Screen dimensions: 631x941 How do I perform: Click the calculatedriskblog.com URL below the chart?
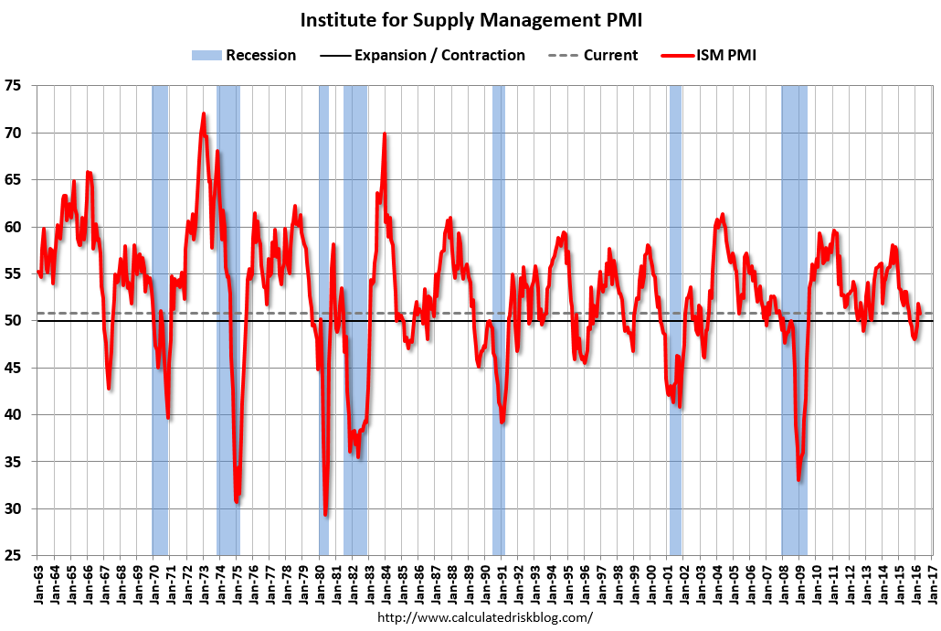coord(484,617)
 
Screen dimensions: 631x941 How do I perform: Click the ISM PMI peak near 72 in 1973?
coord(203,114)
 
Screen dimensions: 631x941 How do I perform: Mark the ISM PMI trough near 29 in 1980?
coord(325,514)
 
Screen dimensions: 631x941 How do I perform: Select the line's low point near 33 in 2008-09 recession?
coord(798,479)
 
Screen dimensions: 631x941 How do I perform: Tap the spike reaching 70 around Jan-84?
coord(385,134)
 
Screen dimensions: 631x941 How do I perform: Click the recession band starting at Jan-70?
coord(160,320)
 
